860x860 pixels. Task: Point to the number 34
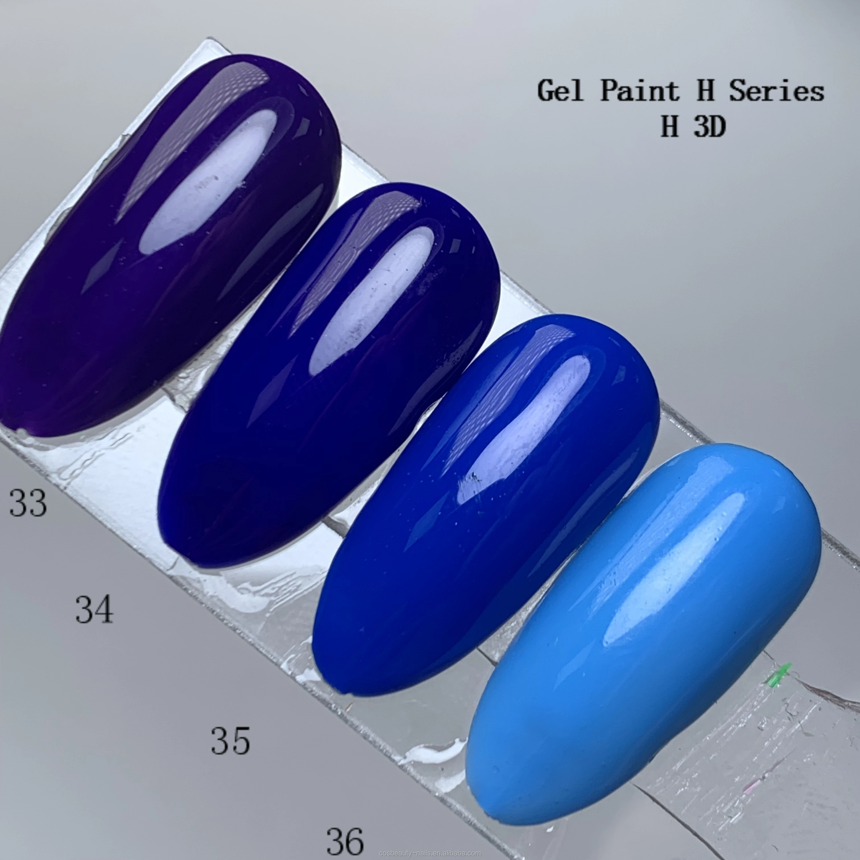pos(94,609)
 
